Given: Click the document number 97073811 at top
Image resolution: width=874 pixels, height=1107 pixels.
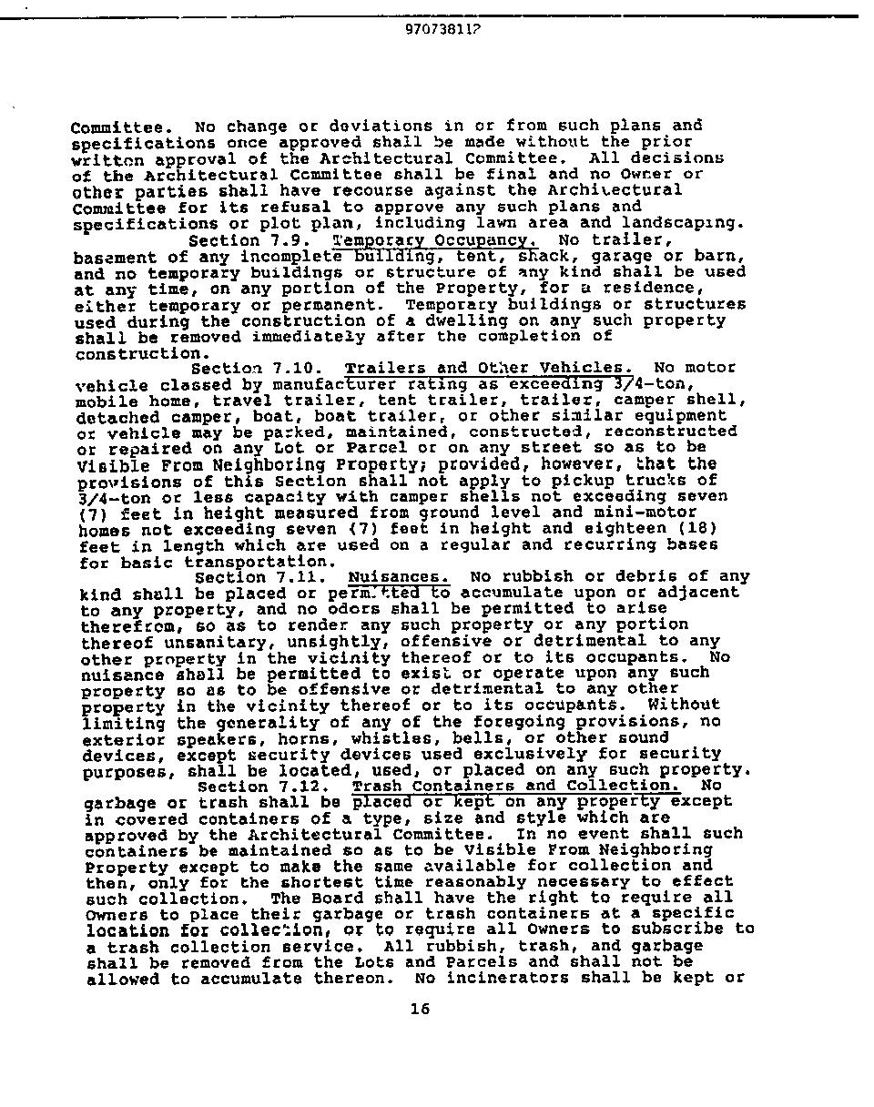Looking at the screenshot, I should (x=442, y=28).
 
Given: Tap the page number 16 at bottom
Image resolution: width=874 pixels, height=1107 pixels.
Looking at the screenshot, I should (x=420, y=1009).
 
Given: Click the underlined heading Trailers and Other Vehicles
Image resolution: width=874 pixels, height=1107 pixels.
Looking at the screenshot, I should (x=489, y=368).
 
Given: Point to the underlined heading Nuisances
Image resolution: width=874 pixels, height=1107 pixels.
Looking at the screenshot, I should (x=399, y=577).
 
